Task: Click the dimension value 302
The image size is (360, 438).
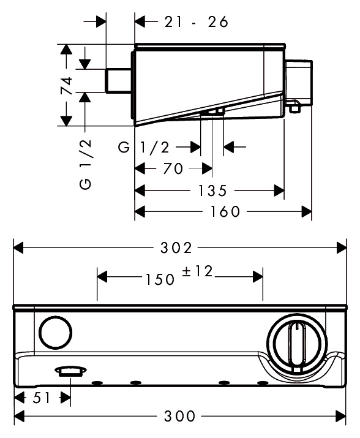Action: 176,247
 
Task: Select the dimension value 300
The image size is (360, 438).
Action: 179,416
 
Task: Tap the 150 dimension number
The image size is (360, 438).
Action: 160,279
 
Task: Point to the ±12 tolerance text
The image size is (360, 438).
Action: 198,271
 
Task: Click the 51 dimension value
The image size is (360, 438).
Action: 42,398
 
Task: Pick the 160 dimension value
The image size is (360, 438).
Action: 225,211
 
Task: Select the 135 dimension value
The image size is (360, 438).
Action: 212,191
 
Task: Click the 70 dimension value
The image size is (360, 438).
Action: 173,168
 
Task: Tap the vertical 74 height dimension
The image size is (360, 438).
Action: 67,85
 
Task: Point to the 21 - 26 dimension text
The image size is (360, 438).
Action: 196,22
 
